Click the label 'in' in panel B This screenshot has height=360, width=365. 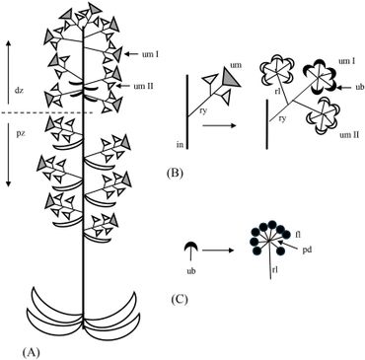[180, 144]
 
